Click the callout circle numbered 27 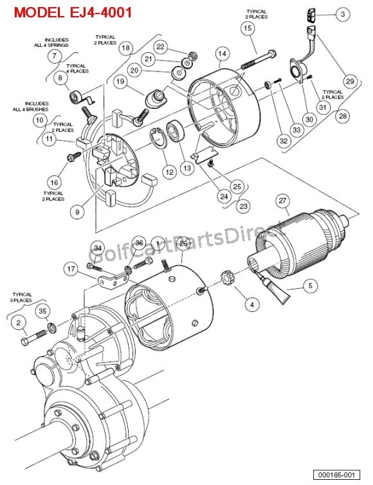point(282,201)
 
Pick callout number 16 point(55,181)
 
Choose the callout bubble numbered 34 point(97,248)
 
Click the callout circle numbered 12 point(169,172)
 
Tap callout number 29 point(349,81)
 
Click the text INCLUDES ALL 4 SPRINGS point(57,42)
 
